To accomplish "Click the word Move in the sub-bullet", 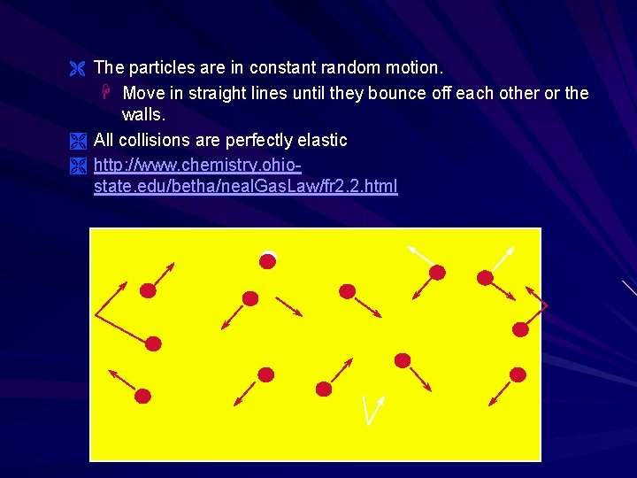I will [x=143, y=93].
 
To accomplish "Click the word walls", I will [x=143, y=115].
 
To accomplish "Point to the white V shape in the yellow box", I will [x=372, y=409].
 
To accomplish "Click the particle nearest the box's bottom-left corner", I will [x=142, y=396].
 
